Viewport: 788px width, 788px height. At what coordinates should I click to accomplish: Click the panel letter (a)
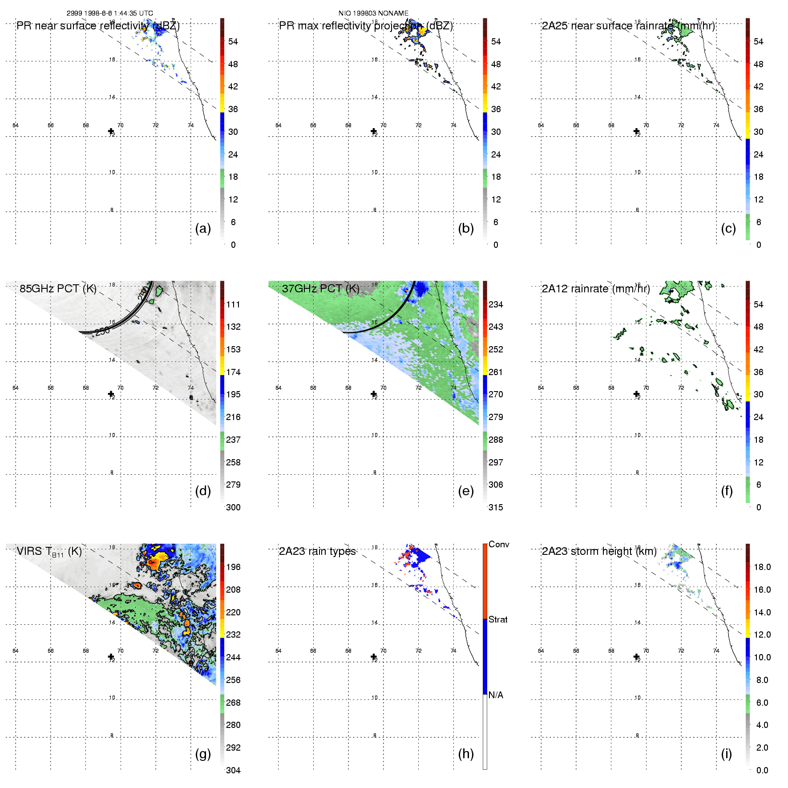coord(203,228)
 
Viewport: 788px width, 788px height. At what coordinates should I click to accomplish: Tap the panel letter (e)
coord(466,491)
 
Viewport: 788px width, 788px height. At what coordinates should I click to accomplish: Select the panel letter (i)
coord(727,754)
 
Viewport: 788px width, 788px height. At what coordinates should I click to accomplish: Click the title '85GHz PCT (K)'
coord(58,288)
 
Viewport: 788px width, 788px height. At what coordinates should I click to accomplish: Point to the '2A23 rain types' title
coord(317,551)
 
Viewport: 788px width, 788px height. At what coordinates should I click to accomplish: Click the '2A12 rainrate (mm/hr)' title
coord(595,289)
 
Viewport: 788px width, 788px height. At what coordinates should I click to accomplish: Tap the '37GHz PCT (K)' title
coord(320,288)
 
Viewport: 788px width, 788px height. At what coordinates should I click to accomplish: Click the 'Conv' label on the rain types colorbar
coord(499,544)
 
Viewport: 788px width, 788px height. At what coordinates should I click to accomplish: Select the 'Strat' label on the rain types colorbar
coord(498,619)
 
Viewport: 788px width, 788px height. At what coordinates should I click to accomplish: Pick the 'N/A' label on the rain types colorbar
coord(496,695)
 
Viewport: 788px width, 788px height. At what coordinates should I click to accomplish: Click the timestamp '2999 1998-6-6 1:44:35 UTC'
coord(110,13)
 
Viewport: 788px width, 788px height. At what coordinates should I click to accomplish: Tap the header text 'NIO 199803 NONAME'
coord(373,13)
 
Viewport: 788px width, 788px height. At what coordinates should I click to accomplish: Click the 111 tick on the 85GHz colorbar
coord(233,304)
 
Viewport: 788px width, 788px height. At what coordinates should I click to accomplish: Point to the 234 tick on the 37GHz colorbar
coord(496,304)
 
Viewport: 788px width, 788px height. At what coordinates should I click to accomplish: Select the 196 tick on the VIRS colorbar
coord(233,567)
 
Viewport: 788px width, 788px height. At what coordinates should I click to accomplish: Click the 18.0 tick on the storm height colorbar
coord(762,567)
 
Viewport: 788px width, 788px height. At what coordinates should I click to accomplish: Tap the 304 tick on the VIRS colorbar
coord(233,770)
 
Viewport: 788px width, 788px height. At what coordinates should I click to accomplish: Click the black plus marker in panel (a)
coord(111,131)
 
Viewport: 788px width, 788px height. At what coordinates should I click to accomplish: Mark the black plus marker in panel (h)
coord(374,657)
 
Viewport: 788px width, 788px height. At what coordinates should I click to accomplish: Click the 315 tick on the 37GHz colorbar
coord(496,507)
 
